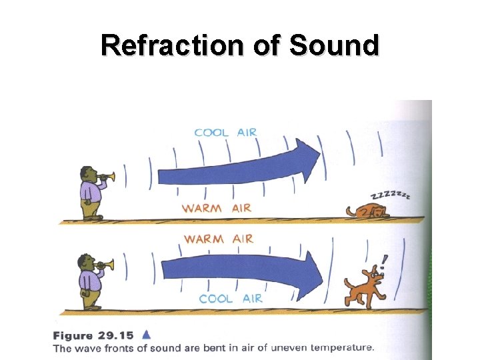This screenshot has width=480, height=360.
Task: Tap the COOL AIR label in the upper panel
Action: pyautogui.click(x=225, y=132)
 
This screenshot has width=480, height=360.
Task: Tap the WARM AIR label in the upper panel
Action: pyautogui.click(x=217, y=208)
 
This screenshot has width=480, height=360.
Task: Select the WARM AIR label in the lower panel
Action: pyautogui.click(x=219, y=239)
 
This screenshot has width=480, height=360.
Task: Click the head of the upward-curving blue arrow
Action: pyautogui.click(x=307, y=161)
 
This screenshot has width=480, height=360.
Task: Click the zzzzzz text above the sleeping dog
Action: pyautogui.click(x=390, y=195)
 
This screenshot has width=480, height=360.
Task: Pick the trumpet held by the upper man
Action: pyautogui.click(x=108, y=177)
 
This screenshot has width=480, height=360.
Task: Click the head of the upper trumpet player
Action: pyautogui.click(x=88, y=175)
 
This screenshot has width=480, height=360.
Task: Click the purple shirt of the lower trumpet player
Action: pyautogui.click(x=88, y=279)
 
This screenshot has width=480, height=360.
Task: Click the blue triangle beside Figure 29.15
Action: pyautogui.click(x=148, y=335)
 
